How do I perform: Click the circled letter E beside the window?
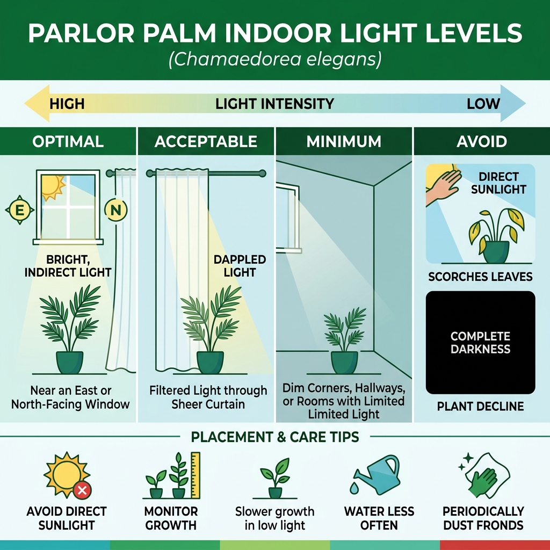pyautogui.click(x=20, y=211)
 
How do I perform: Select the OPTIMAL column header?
pyautogui.click(x=68, y=142)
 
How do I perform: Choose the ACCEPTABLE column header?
pyautogui.click(x=206, y=142)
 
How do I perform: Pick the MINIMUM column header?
pyautogui.click(x=344, y=142)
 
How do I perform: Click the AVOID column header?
pyautogui.click(x=481, y=142)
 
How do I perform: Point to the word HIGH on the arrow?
pyautogui.click(x=67, y=104)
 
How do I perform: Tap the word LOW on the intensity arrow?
pyautogui.click(x=483, y=104)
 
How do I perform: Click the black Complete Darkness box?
pyautogui.click(x=480, y=343)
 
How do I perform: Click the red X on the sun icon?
pyautogui.click(x=82, y=490)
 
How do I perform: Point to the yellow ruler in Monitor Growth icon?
pyautogui.click(x=195, y=475)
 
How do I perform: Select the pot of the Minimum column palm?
pyautogui.click(x=344, y=361)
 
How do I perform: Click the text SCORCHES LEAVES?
pyautogui.click(x=480, y=277)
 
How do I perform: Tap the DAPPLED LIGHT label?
pyautogui.click(x=240, y=266)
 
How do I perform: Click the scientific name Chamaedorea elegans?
pyautogui.click(x=274, y=59)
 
